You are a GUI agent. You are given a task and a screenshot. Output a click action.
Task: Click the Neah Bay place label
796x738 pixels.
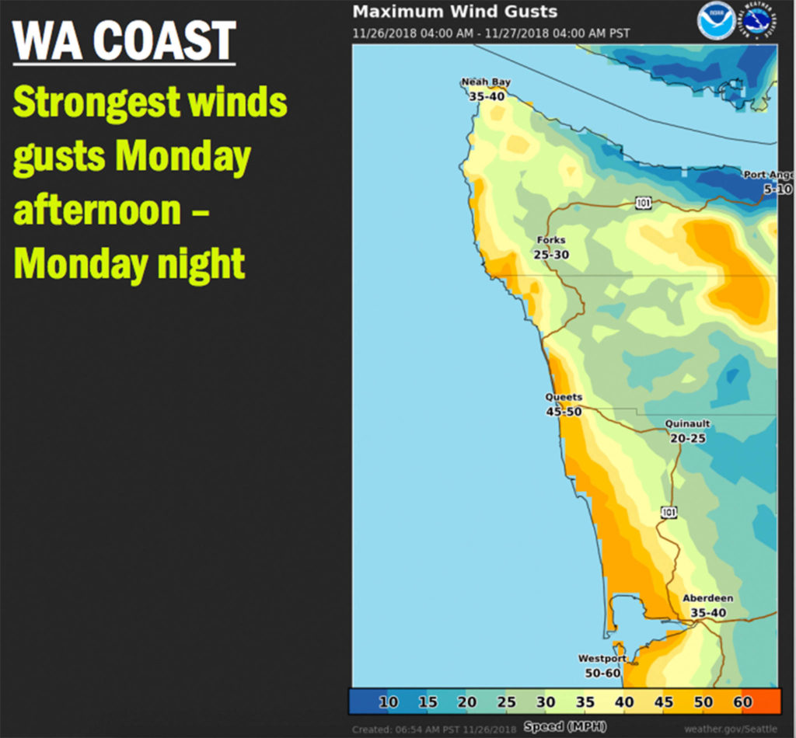[x=486, y=82]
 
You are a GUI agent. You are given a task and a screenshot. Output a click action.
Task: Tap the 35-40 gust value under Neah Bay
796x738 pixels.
[x=486, y=96]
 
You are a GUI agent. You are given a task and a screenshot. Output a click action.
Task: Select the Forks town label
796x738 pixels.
[x=551, y=240]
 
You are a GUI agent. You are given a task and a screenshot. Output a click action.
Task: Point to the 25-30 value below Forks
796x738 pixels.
[x=551, y=254]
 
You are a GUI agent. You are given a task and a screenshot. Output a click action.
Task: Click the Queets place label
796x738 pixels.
[x=564, y=397]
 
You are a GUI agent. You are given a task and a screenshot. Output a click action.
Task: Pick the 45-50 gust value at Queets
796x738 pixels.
[x=564, y=411]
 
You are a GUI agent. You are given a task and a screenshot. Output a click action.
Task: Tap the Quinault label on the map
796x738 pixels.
[x=688, y=424]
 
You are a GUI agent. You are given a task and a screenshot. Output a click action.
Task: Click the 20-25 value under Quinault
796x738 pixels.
[x=688, y=438]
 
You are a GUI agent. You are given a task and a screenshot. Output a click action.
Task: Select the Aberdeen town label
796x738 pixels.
[x=707, y=598]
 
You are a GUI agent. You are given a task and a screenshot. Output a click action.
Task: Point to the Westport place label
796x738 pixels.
[x=602, y=659]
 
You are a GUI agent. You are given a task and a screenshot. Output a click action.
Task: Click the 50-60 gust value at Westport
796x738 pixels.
[x=602, y=673]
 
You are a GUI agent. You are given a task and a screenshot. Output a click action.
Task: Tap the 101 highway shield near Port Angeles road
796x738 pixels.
[x=643, y=204]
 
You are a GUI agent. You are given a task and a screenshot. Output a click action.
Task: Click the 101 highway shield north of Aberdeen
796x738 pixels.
[x=669, y=511]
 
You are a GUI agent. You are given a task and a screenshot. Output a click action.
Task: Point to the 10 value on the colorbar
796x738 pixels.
[x=389, y=702]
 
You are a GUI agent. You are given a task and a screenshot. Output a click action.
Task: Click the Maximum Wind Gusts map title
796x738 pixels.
[x=455, y=12]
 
